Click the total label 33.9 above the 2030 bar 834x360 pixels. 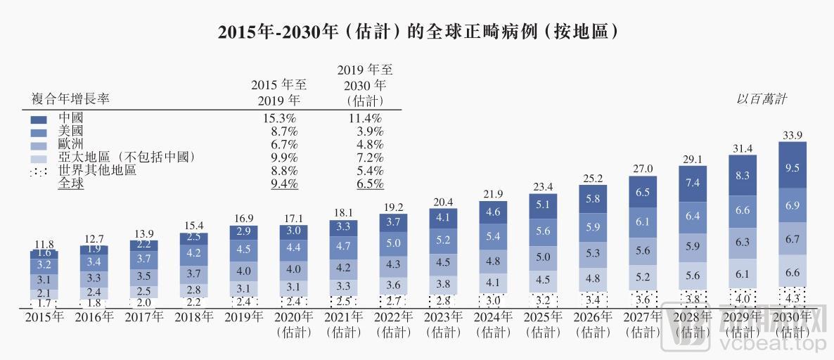pos(792,134)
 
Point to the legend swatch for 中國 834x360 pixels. pos(39,117)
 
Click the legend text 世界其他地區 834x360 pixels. pos(98,171)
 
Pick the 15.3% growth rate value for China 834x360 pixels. pos(279,117)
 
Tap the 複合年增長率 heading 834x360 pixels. pos(71,100)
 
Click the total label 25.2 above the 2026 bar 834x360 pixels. pos(592,177)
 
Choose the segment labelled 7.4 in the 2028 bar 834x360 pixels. pos(692,183)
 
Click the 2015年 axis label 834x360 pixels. pos(44,317)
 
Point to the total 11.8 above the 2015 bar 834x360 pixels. pos(44,244)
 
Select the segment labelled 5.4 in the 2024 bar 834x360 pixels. pos(493,236)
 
